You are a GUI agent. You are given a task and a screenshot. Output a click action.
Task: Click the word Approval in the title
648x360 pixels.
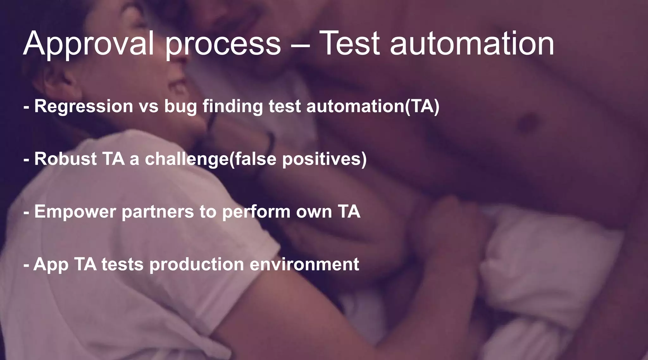tap(89, 44)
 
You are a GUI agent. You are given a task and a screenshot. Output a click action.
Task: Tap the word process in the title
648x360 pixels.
tap(223, 44)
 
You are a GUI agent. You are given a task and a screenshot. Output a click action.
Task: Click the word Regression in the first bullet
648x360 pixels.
tap(84, 106)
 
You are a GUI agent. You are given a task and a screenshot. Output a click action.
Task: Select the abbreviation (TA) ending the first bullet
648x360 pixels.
tap(422, 106)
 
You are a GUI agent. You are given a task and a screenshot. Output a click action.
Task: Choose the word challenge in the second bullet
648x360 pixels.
tap(187, 159)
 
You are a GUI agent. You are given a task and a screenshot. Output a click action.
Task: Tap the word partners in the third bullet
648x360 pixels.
tap(158, 212)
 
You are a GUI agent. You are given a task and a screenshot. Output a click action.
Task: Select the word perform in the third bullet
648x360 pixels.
tap(256, 212)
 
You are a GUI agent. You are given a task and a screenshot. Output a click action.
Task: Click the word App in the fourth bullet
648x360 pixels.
tap(51, 265)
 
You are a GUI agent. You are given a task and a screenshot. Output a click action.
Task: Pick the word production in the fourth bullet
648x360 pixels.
tap(196, 265)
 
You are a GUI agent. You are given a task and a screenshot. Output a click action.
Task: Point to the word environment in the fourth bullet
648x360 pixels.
tap(304, 265)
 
